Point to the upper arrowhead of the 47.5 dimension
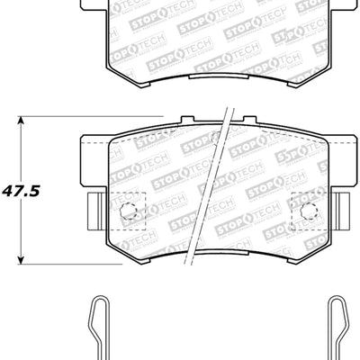point(24,121)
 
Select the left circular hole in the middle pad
point(128,213)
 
